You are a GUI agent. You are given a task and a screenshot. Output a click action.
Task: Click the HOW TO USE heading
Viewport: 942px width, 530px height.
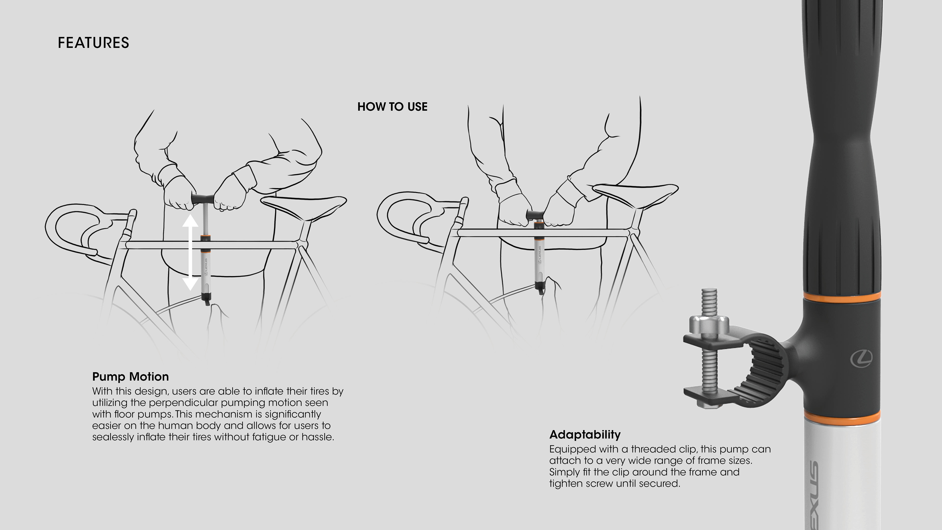click(x=392, y=107)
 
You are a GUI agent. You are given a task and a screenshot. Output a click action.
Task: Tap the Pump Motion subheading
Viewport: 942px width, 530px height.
click(x=131, y=377)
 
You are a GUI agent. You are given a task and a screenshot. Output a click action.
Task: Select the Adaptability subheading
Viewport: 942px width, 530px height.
click(x=585, y=435)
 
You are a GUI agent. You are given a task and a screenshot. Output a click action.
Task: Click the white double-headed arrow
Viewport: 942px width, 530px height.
click(x=190, y=252)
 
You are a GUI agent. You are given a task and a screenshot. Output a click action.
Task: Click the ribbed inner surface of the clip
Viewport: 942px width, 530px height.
click(x=762, y=370)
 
